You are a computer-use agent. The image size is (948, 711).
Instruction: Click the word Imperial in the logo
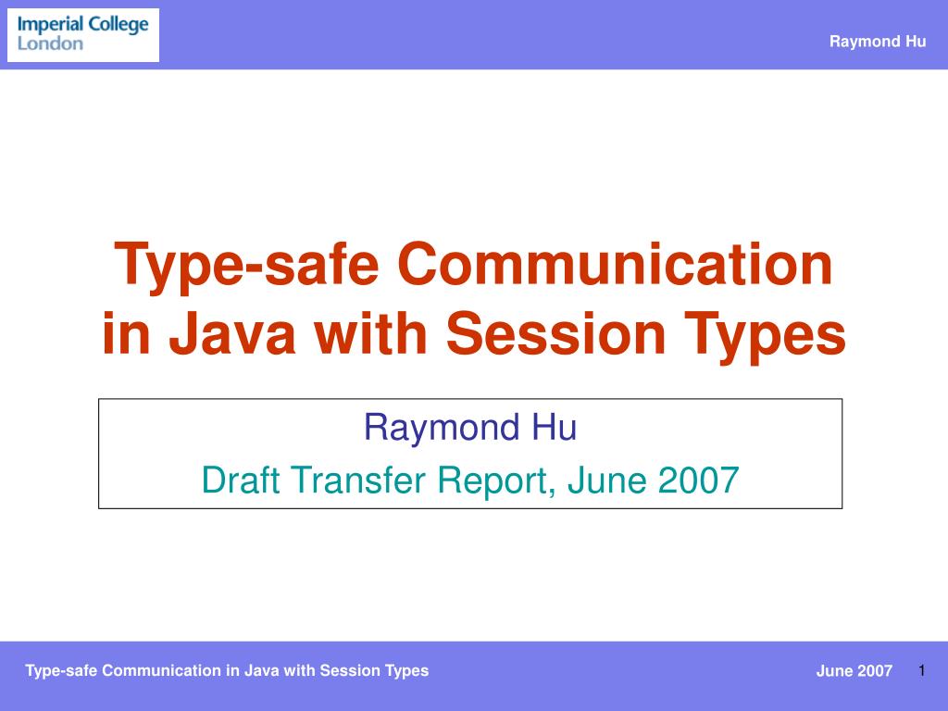[50, 25]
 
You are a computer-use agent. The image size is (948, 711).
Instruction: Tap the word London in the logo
[50, 44]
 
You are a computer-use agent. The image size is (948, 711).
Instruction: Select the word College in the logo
[118, 25]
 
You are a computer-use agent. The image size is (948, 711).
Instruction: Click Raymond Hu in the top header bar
[878, 41]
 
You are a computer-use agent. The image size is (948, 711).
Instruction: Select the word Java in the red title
[232, 333]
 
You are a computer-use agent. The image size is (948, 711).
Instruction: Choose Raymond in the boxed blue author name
[442, 428]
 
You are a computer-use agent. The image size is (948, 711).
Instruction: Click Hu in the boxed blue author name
[555, 427]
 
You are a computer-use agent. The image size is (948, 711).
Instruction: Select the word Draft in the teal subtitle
[240, 480]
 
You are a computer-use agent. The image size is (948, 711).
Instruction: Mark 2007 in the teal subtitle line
[698, 480]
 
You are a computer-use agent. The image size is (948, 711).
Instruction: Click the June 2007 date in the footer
[854, 670]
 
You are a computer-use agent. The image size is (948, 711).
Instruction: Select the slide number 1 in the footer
[922, 670]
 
